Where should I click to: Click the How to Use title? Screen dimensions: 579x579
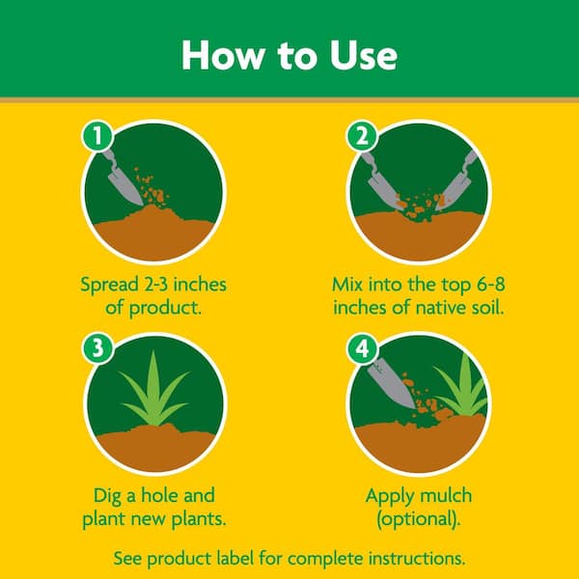[289, 55]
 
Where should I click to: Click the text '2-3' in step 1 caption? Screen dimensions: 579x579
[165, 286]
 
